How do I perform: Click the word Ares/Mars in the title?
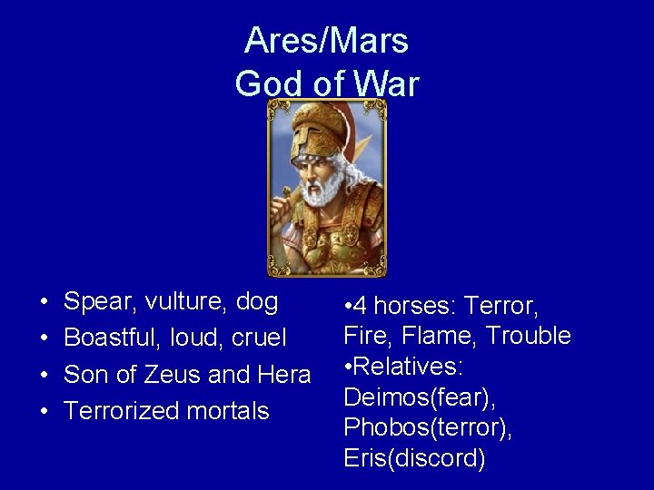point(326,40)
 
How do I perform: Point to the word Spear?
point(97,301)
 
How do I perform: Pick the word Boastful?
point(110,338)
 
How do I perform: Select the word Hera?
point(284,374)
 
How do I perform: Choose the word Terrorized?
point(122,410)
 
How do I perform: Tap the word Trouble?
point(529,336)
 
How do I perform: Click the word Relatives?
point(409,367)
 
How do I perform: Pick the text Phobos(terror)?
point(428,427)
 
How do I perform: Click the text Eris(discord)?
point(414,458)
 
